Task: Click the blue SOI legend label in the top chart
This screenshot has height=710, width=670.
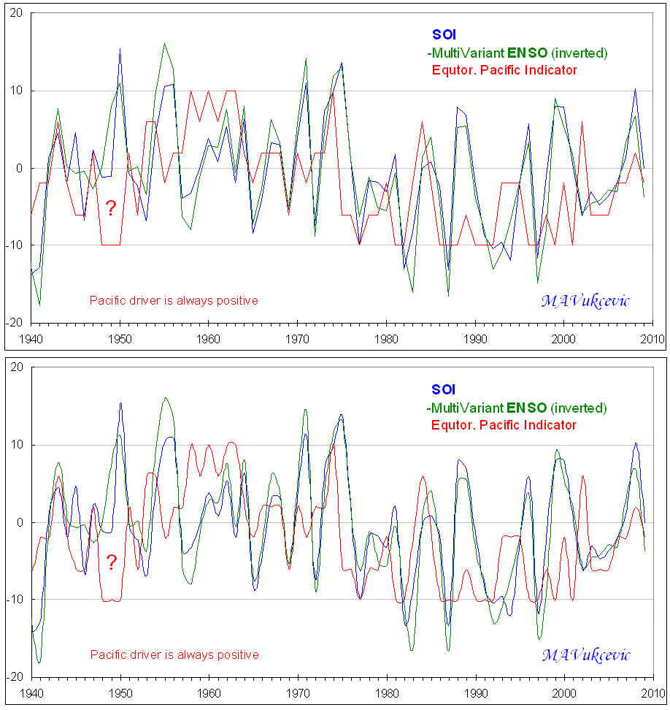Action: (444, 35)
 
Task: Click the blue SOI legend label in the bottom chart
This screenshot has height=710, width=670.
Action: (444, 389)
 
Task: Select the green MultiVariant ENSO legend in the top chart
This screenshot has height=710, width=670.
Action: (517, 53)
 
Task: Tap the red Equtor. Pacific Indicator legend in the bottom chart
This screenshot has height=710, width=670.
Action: (504, 425)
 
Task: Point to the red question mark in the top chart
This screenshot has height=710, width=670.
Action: (111, 208)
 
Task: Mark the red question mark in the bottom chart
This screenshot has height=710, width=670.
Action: (111, 562)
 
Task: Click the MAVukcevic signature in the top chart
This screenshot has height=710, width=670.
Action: (585, 300)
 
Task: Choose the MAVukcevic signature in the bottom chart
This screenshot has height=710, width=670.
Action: (585, 654)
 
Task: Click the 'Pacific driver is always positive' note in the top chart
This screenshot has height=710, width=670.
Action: (174, 300)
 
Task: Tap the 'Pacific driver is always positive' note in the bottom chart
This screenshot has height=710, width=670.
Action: (174, 655)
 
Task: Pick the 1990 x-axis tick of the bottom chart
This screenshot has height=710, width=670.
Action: (476, 692)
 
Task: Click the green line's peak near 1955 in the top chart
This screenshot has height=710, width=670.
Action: (164, 44)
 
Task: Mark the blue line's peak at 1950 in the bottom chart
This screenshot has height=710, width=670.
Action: (120, 402)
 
